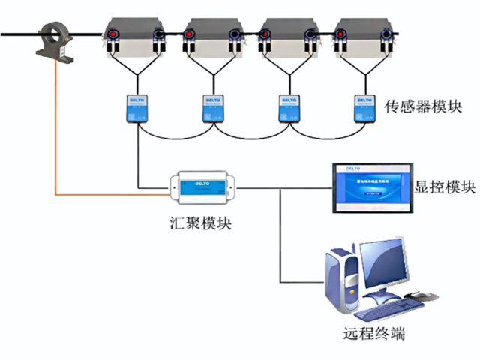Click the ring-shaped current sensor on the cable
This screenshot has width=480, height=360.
(58, 41)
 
